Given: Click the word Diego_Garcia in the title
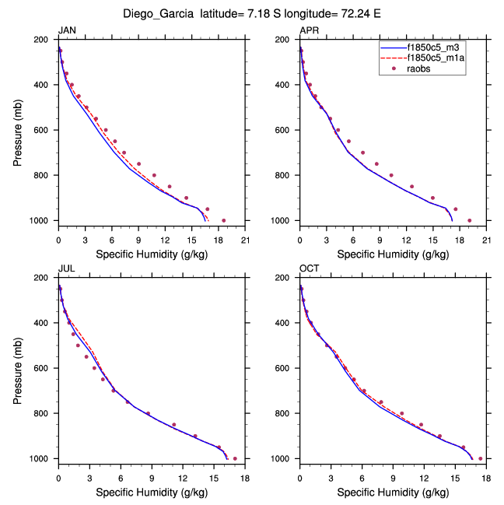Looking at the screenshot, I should (x=159, y=14).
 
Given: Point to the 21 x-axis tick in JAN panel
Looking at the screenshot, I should (x=245, y=240).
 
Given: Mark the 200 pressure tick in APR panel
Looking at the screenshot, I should (x=285, y=40).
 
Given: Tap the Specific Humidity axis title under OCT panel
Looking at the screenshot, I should (x=393, y=493).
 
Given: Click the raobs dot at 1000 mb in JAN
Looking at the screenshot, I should (x=224, y=220).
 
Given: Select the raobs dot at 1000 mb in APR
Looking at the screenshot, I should (x=469, y=220).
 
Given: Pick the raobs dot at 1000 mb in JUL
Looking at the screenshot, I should (x=235, y=458).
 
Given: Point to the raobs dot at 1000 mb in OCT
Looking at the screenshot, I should (x=480, y=458).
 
